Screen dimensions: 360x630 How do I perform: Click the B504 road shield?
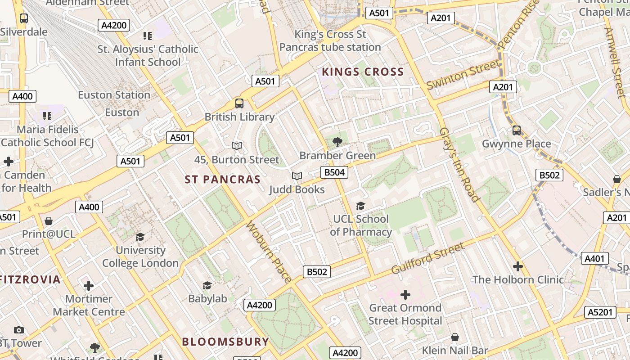334,172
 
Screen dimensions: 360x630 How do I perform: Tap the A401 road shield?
595,258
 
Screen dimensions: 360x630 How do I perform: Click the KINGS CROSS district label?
363,72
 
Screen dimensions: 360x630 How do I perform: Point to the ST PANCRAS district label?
223,180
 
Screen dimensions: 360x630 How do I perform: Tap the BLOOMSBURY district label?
225,342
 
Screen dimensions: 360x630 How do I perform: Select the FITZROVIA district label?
30,279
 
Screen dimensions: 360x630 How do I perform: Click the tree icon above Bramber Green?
337,142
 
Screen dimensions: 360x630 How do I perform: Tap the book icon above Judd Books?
297,176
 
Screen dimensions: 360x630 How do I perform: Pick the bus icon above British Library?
239,103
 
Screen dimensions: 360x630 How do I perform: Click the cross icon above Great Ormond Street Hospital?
405,295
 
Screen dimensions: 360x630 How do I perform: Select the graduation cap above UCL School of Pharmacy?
360,206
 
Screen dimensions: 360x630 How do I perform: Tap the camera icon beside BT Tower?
18,330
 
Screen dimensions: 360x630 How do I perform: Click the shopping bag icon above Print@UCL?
49,221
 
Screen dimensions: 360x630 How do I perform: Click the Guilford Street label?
427,258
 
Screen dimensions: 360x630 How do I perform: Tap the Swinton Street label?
463,74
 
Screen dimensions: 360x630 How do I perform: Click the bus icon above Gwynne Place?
517,130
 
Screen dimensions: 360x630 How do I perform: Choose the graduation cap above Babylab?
207,285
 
